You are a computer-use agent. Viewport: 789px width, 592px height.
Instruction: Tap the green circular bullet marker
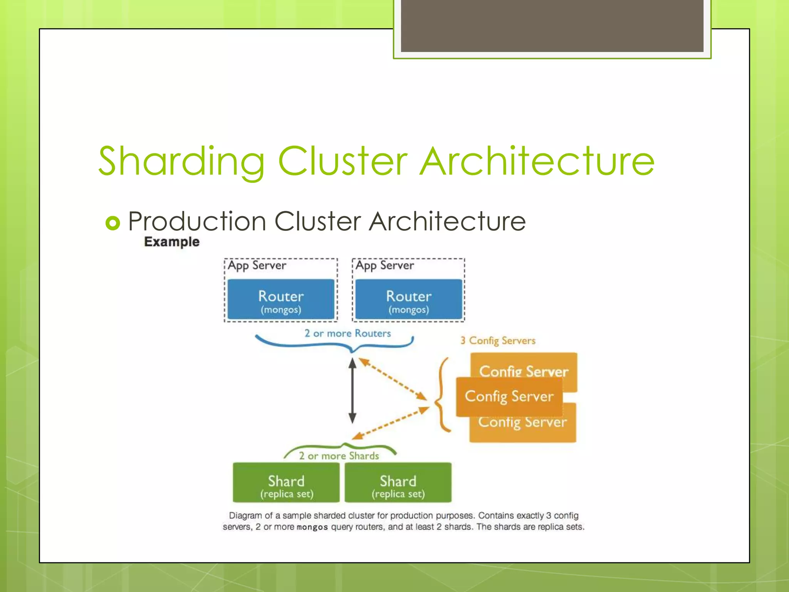(x=113, y=223)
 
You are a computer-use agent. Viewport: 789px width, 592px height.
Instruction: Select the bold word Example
(x=172, y=242)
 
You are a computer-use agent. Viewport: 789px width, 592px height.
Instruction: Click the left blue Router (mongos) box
(x=281, y=299)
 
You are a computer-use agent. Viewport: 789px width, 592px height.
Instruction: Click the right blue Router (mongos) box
(x=408, y=299)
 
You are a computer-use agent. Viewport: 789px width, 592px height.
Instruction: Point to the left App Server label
(x=257, y=266)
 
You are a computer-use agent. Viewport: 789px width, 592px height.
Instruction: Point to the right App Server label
(x=384, y=266)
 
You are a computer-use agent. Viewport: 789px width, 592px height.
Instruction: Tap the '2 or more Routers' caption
(x=347, y=333)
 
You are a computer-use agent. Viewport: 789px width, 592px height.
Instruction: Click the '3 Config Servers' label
(x=498, y=341)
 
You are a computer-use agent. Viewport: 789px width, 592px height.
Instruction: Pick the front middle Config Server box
(x=509, y=397)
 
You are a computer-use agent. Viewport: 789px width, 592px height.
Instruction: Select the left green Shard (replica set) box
(x=286, y=483)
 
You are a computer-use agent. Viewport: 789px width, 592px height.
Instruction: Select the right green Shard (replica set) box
(x=398, y=483)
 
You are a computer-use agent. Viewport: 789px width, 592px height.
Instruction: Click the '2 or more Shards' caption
(x=339, y=456)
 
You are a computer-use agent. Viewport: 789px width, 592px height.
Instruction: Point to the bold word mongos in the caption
(x=312, y=527)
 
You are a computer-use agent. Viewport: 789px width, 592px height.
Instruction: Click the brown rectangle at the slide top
(x=552, y=25)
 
